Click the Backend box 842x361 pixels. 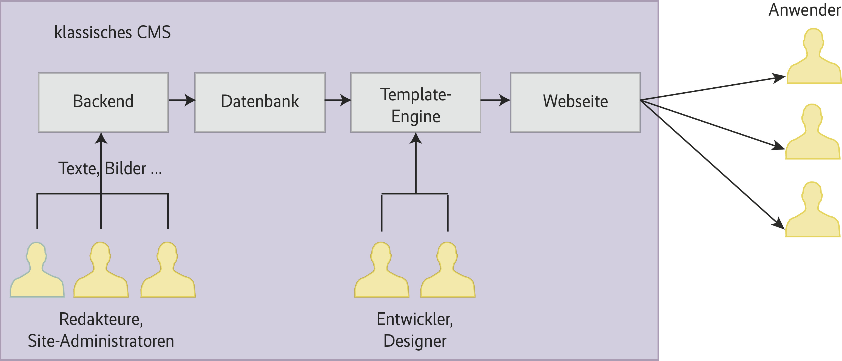coord(103,102)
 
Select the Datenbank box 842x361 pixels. coord(260,102)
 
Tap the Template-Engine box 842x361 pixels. coord(416,102)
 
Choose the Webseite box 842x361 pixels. coord(575,102)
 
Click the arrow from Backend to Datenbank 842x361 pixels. coord(182,100)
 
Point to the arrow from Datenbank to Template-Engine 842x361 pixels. coord(338,100)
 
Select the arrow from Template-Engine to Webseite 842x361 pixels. coord(496,100)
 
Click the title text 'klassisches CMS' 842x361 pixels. coord(112,32)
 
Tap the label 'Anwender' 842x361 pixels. coord(804,10)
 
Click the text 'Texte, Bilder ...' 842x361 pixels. coord(110,168)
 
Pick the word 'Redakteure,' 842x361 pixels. coord(101,319)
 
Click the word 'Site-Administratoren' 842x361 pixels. coord(101,341)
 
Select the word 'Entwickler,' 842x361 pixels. coord(415,319)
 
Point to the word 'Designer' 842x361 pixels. coord(415,341)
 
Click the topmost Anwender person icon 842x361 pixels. coord(813,59)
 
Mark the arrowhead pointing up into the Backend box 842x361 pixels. coord(101,138)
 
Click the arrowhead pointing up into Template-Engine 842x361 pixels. coord(416,138)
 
